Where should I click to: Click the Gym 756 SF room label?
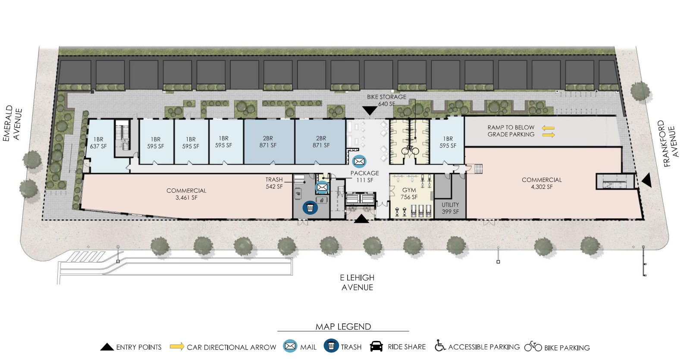coord(409,194)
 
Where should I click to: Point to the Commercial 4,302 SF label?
coord(542,183)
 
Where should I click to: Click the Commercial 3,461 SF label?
coord(186,194)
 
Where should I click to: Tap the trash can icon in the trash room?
coord(310,207)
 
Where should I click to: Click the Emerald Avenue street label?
coord(13,124)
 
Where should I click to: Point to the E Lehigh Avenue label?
coord(358,282)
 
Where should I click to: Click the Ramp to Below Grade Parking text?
coord(511,131)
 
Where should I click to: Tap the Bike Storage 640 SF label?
coord(386,100)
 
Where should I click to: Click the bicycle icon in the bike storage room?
coord(410,150)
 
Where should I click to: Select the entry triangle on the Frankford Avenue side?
coord(646,180)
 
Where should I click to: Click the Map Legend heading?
coord(343,326)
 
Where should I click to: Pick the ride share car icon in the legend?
coord(376,347)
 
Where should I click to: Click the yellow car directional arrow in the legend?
coord(177,347)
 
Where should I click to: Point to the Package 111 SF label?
coord(365,176)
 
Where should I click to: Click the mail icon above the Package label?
coord(359,161)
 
